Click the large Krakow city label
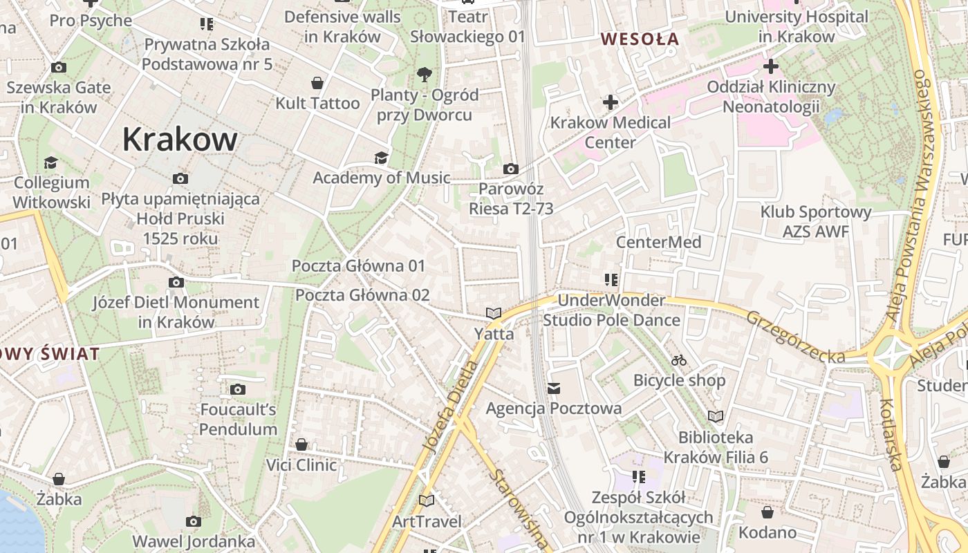(180, 140)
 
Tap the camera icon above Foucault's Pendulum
(238, 389)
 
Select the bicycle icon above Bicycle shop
(679, 360)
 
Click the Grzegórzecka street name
(795, 337)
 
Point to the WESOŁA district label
(640, 39)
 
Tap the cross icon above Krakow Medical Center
(610, 103)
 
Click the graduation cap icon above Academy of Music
(381, 158)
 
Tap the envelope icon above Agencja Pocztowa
(554, 388)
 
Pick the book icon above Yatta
(494, 314)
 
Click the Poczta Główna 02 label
(362, 295)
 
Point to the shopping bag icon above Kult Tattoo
(317, 84)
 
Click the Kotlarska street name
(891, 434)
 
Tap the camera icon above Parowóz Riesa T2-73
(510, 169)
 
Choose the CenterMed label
(658, 242)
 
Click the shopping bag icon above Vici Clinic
(301, 444)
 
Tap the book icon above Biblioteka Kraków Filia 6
(715, 416)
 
